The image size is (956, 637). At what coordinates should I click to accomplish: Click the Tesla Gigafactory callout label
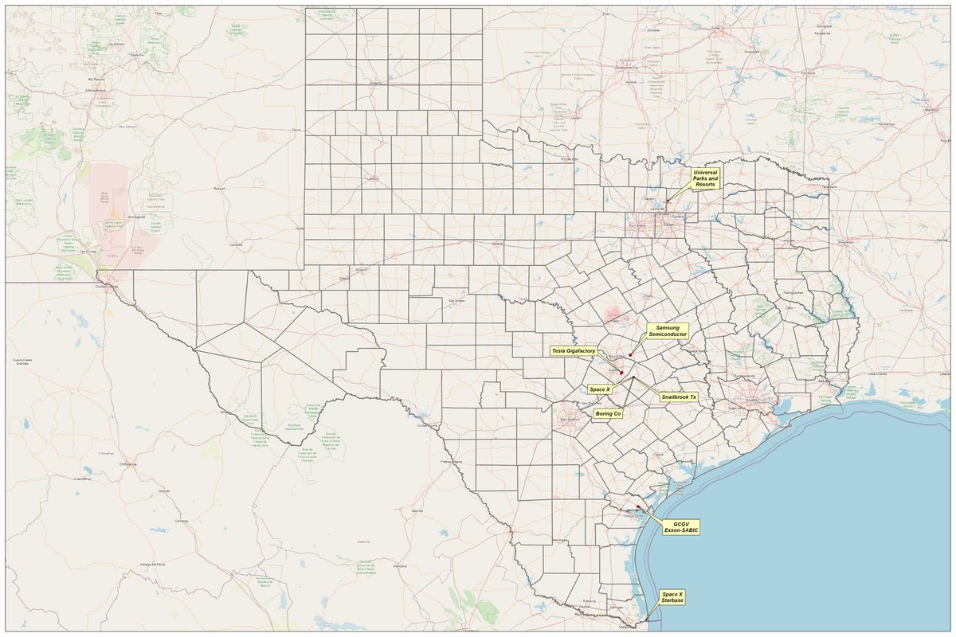tap(573, 350)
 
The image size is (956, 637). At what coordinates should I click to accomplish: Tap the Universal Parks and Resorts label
tap(705, 178)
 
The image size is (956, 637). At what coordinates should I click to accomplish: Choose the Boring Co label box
tap(608, 414)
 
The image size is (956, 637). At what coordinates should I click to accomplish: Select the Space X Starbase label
tap(672, 597)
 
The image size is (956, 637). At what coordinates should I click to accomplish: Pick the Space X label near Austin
tap(599, 389)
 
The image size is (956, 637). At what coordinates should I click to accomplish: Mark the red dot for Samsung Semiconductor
tap(629, 354)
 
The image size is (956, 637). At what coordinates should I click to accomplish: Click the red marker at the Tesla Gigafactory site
tap(621, 373)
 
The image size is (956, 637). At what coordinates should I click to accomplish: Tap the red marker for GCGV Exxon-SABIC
tap(638, 506)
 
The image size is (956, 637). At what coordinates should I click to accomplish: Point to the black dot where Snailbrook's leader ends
tap(633, 377)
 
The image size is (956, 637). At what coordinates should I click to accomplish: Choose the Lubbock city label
tap(372, 179)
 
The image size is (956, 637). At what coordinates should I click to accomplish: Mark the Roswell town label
tap(221, 189)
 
